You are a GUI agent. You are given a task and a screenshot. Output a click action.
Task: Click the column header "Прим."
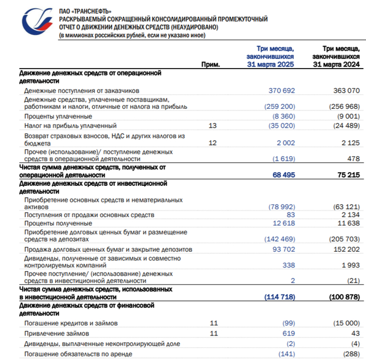[211, 64]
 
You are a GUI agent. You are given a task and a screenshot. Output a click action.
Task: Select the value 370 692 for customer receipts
[282, 91]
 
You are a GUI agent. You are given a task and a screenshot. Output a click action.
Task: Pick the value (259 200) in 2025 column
[280, 107]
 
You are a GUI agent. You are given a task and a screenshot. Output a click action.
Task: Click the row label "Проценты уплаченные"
[58, 116]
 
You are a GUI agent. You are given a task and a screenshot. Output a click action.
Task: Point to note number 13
[212, 126]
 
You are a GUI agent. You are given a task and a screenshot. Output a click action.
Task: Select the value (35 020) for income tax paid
[281, 126]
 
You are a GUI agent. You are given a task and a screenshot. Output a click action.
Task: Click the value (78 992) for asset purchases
[281, 207]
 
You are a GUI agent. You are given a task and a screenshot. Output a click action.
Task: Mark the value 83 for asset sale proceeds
[291, 215]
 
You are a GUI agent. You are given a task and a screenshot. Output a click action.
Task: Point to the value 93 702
[283, 249]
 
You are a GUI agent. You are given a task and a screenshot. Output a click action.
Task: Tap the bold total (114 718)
[280, 297]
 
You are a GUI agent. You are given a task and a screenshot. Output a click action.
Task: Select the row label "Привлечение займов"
[56, 333]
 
